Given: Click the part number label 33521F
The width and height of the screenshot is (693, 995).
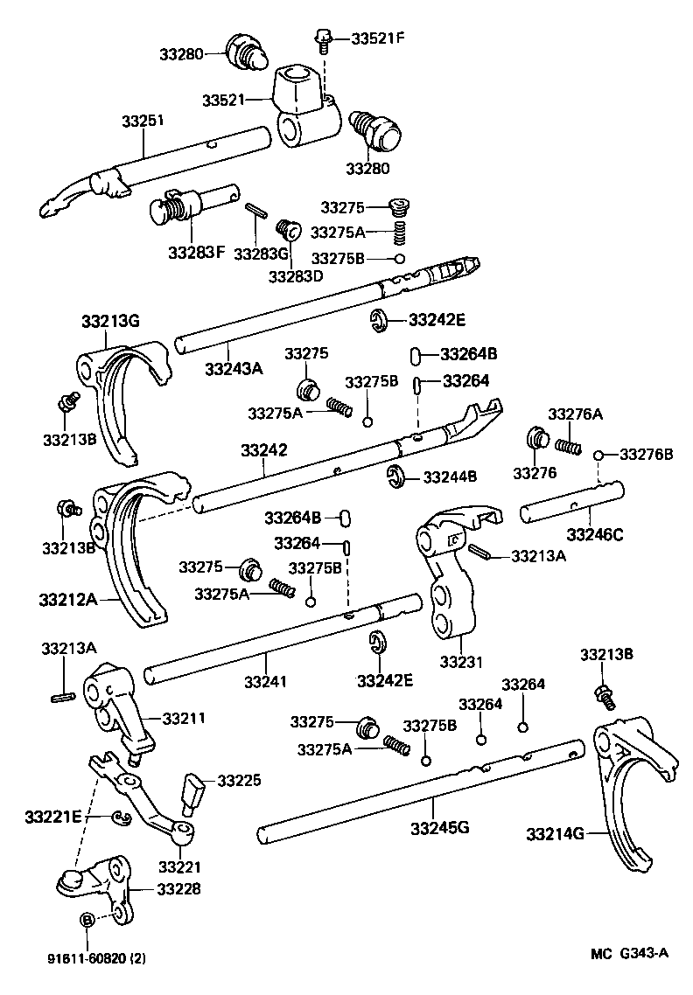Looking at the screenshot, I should (379, 38).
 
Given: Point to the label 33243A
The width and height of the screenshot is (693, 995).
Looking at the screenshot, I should (234, 369).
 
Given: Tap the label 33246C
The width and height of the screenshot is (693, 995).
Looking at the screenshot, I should (595, 533).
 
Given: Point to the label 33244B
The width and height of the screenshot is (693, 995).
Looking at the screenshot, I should (450, 477).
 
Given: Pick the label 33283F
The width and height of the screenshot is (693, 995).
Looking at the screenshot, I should (197, 253).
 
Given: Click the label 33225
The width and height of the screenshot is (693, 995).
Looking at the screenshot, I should (239, 779).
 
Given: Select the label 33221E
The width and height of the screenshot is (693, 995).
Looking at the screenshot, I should (53, 817).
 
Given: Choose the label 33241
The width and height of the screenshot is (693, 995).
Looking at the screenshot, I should (265, 681).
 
